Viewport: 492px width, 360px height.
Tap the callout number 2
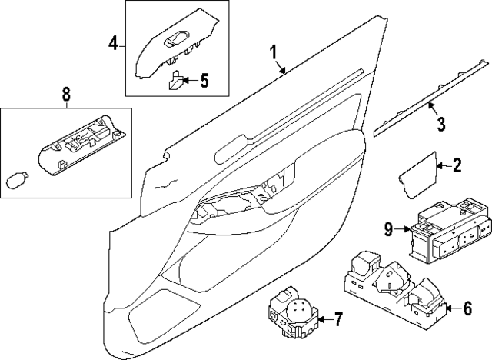point(457,164)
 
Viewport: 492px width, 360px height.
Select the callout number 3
point(440,123)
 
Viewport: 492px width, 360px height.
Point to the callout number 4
point(112,44)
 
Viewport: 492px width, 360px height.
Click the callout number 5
point(204,80)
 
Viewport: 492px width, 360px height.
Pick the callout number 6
point(467,309)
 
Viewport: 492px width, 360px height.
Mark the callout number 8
point(65,95)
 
